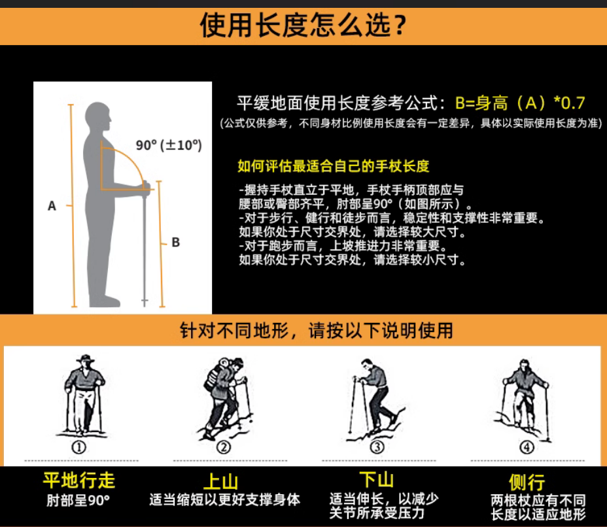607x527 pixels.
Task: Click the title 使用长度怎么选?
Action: (x=303, y=25)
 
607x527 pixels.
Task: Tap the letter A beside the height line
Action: (x=52, y=206)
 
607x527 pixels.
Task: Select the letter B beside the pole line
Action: (x=176, y=242)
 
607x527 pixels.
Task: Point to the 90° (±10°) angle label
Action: (x=169, y=145)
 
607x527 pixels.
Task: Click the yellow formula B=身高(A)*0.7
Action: (x=520, y=103)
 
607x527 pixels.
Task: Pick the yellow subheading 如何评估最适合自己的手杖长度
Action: (x=334, y=166)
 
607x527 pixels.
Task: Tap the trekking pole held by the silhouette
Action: (x=145, y=244)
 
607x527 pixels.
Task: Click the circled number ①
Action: (x=79, y=447)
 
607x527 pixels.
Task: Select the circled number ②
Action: (x=223, y=447)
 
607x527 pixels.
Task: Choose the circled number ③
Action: (x=377, y=447)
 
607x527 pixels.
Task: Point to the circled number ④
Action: (x=527, y=447)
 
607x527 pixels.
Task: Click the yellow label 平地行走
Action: (x=79, y=481)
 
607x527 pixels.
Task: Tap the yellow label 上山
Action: (x=220, y=482)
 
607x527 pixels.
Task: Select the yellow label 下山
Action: (x=377, y=480)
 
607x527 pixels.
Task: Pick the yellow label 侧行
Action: (x=527, y=482)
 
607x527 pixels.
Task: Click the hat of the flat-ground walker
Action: (x=86, y=358)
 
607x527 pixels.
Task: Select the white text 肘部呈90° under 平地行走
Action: (x=78, y=500)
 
